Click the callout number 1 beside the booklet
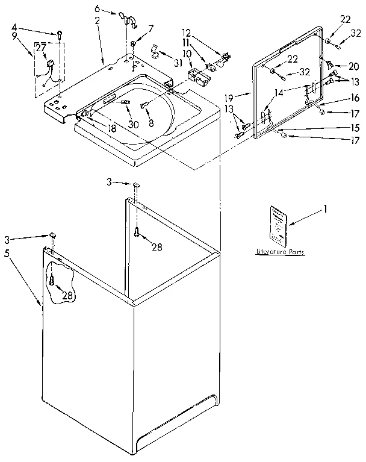326,209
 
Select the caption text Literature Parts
279,251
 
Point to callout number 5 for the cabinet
7,254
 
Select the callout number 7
150,28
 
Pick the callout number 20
354,66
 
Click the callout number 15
354,128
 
